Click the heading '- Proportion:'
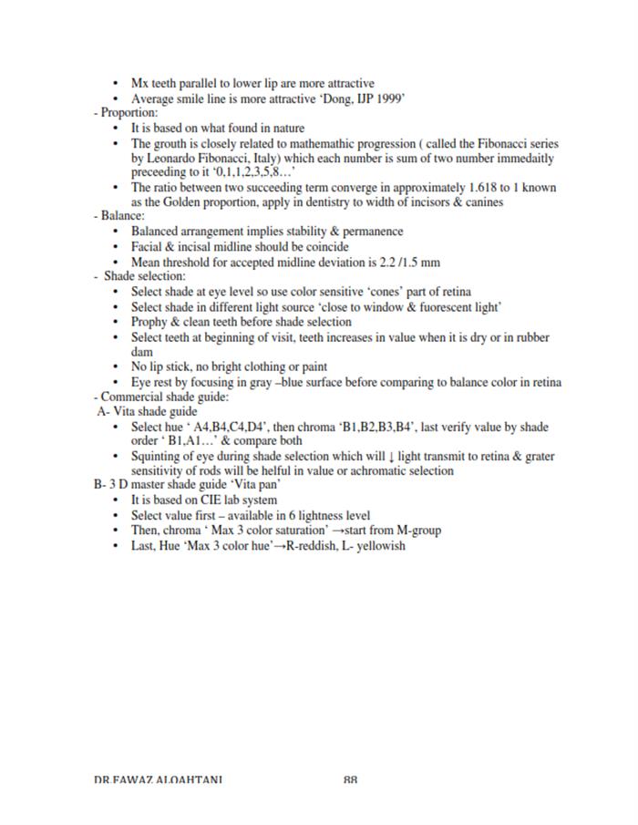coord(127,113)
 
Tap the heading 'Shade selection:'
coord(145,276)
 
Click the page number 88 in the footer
coord(351,779)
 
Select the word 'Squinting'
coord(158,456)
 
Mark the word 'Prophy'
coord(149,321)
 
